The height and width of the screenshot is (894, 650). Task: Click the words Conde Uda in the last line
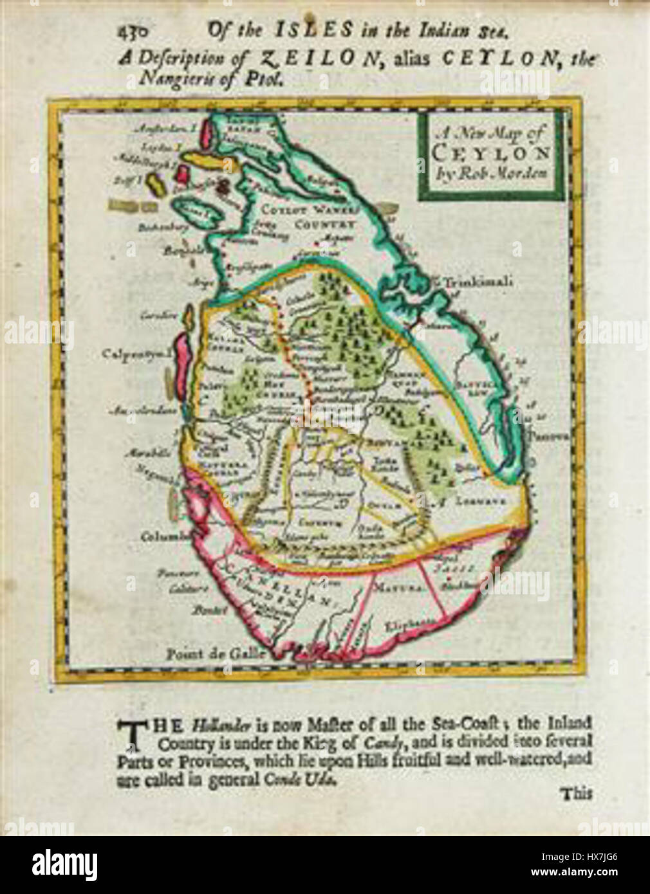(x=306, y=778)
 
